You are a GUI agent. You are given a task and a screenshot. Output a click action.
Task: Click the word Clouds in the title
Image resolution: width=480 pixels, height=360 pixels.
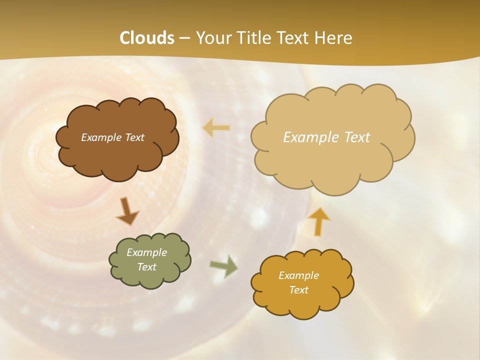147,38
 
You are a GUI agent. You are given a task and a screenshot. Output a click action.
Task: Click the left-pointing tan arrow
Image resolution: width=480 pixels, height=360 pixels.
216,128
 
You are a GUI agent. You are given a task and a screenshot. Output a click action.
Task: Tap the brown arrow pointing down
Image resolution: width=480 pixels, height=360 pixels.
127,211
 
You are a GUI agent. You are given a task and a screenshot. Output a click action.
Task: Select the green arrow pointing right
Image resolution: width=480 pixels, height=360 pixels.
224,266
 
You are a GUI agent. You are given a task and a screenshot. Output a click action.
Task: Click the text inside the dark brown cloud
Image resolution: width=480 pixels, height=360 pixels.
112,137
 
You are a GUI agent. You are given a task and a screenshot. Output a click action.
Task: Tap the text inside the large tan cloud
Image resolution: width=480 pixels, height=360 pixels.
326,137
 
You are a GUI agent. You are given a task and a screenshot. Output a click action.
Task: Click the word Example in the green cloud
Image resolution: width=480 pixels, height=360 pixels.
146,252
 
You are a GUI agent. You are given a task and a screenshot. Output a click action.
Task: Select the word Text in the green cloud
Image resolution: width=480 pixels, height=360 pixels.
146,267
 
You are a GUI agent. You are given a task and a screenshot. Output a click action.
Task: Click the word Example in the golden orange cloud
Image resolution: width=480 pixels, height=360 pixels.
298,275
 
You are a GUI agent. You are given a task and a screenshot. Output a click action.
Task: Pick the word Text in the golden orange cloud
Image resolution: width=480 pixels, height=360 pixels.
298,290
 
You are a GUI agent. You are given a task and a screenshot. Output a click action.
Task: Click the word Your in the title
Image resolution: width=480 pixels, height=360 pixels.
210,38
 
